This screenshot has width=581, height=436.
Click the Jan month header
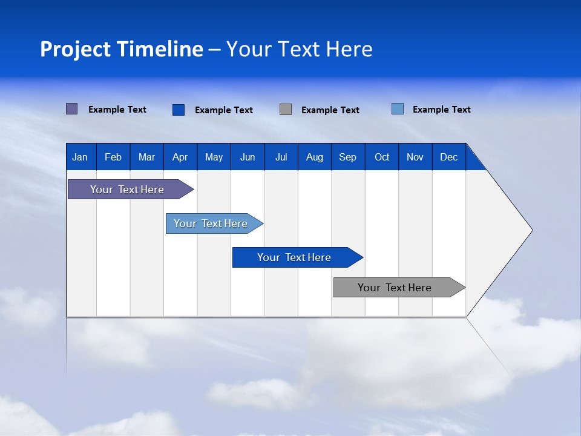click(80, 157)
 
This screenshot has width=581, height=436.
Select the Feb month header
click(113, 157)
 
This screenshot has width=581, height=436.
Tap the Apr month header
click(180, 157)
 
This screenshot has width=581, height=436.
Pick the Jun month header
click(248, 157)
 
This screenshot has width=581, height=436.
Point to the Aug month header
click(314, 157)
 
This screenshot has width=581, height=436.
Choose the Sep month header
click(347, 157)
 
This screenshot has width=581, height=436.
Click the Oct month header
click(382, 157)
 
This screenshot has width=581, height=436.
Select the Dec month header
click(448, 157)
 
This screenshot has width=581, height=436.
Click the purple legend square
click(71, 109)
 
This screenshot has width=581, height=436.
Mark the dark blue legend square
click(178, 110)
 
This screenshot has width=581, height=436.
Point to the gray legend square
click(286, 109)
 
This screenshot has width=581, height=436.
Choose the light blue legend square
click(398, 109)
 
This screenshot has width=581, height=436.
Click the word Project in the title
click(75, 49)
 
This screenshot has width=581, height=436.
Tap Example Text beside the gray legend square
click(330, 110)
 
